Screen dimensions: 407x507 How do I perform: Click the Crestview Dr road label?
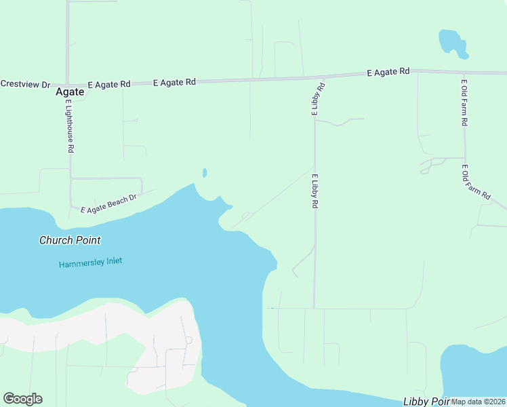(x=25, y=84)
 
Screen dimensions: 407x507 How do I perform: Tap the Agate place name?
(x=70, y=92)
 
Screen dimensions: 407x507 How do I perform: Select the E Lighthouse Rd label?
(x=70, y=125)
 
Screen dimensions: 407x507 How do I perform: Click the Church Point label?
(x=70, y=240)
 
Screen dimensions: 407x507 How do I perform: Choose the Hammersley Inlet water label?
(x=90, y=262)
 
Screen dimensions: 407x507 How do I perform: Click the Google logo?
(x=22, y=399)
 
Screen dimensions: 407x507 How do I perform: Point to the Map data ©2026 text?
(x=479, y=402)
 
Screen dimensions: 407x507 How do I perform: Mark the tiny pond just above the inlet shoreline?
(x=204, y=173)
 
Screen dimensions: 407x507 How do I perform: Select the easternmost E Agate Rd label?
(x=388, y=71)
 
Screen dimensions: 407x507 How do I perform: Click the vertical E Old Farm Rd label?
(x=465, y=103)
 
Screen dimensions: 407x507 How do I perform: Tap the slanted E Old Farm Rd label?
(x=476, y=182)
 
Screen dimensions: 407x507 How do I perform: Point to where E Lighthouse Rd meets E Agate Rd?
(x=68, y=84)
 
